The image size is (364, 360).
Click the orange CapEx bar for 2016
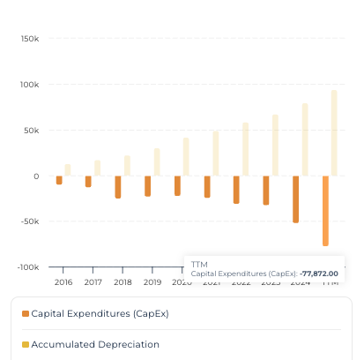pyautogui.click(x=59, y=180)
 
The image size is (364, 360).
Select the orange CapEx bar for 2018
pyautogui.click(x=118, y=186)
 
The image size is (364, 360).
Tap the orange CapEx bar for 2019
pyautogui.click(x=148, y=185)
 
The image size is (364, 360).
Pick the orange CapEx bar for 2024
pyautogui.click(x=296, y=199)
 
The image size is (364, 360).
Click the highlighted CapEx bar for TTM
pyautogui.click(x=325, y=210)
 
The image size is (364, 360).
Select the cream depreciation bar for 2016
pyautogui.click(x=68, y=169)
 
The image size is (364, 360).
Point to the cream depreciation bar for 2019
pyautogui.click(x=157, y=161)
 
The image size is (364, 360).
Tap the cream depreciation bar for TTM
pyautogui.click(x=334, y=132)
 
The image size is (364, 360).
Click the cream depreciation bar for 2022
pyautogui.click(x=246, y=149)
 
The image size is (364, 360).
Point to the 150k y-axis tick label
pyautogui.click(x=29, y=39)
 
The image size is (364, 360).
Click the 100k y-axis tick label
pyautogui.click(x=29, y=85)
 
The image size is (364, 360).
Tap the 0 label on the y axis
pyautogui.click(x=36, y=176)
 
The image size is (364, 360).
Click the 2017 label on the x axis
pyautogui.click(x=93, y=282)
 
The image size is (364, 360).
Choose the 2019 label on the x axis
pyautogui.click(x=152, y=282)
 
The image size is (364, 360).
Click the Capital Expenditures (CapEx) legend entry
pyautogui.click(x=100, y=313)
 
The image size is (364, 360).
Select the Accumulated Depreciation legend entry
pyautogui.click(x=95, y=344)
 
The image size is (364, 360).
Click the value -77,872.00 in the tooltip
pyautogui.click(x=319, y=274)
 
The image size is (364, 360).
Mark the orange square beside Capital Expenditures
pyautogui.click(x=26, y=313)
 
